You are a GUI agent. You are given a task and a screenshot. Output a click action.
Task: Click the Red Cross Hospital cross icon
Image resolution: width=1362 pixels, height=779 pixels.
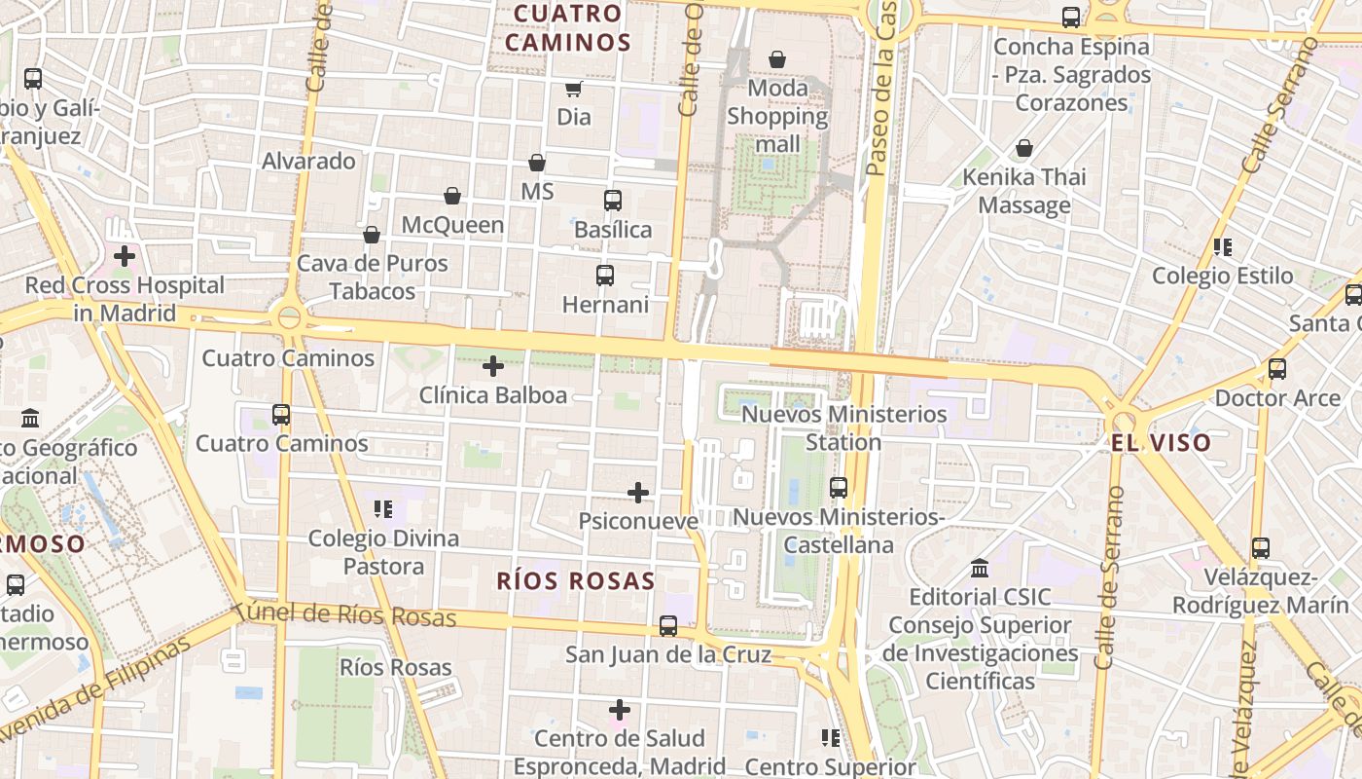pos(125,257)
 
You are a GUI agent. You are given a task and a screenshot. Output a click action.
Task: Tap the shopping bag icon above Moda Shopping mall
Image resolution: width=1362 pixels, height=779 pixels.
pos(777,60)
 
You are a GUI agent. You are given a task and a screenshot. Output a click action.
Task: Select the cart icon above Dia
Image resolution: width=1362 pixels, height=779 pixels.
pos(574,89)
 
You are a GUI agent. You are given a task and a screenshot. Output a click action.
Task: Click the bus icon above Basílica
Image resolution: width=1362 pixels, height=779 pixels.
pos(613,201)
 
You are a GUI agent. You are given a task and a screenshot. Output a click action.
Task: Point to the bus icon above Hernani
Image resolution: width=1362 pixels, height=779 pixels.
pos(605,276)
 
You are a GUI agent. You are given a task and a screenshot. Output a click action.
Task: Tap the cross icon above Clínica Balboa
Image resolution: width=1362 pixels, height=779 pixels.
pos(493,366)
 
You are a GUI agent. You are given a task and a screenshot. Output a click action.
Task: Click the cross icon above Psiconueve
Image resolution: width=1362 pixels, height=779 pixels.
pos(638,493)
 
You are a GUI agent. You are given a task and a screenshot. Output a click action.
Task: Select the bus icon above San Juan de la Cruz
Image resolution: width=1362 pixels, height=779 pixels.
pos(668,626)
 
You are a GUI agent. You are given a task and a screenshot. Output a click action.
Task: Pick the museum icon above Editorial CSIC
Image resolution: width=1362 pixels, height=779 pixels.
pos(980,568)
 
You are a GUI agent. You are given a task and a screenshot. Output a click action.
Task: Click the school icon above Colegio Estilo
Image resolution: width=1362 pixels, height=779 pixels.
pos(1223,247)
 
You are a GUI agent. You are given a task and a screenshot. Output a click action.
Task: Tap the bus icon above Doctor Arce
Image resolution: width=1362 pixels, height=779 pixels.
pos(1277,369)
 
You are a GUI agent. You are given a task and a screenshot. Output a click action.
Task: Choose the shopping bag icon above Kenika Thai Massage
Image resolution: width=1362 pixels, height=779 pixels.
pos(1024,148)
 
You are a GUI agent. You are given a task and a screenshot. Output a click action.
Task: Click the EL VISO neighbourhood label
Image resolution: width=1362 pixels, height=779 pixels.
pos(1162,443)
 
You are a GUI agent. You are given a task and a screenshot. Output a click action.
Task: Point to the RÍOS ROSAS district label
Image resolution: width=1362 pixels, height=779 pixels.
pos(576,581)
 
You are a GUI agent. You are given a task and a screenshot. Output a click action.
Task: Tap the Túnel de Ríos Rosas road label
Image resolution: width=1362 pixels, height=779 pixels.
pos(345,615)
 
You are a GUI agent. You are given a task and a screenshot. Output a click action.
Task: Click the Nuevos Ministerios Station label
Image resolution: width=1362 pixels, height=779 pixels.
pos(843,427)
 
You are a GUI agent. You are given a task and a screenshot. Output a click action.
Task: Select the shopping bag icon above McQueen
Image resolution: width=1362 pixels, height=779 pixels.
pos(452,197)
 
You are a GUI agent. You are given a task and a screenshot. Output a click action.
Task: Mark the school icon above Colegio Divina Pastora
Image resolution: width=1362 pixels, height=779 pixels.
pos(383,508)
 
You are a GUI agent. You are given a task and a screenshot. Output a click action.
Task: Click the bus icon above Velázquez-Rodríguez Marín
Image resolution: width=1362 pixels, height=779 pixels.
pos(1261,548)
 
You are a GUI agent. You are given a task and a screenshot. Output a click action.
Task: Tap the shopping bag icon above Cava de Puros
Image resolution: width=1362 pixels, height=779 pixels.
pos(372,235)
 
